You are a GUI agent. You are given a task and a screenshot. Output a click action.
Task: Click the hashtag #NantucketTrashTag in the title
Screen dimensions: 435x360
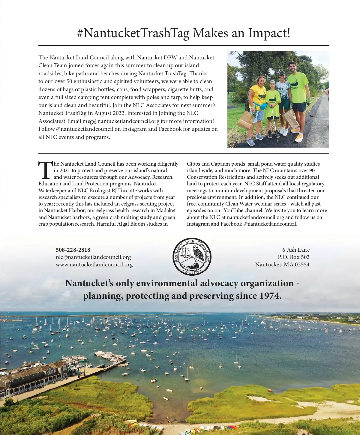(133, 33)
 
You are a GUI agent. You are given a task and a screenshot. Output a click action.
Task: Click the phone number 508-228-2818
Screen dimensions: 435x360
(73, 250)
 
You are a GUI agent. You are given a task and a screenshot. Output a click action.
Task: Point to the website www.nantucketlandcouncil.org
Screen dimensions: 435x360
(94, 265)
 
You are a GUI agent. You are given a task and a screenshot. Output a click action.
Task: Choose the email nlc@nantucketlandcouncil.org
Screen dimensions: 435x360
(93, 257)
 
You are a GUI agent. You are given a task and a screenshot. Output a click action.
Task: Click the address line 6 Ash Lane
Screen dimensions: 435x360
(296, 250)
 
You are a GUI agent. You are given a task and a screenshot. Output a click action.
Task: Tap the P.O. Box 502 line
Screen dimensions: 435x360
(293, 257)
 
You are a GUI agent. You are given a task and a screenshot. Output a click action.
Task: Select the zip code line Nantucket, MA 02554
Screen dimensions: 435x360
(282, 265)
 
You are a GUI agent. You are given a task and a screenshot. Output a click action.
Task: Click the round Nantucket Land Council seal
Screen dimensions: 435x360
(192, 256)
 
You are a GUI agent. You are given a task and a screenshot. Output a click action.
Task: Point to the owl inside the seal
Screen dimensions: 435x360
(198, 253)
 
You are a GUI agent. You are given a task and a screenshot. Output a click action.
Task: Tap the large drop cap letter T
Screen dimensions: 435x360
(45, 169)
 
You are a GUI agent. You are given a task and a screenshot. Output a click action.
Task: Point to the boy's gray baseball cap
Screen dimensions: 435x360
(272, 82)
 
